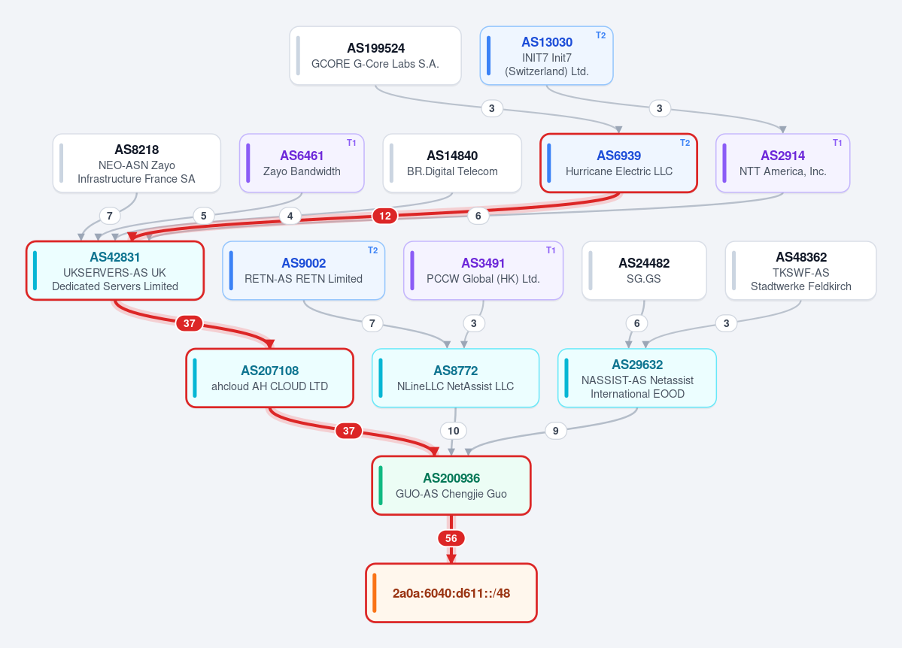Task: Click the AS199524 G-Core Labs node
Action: (x=375, y=56)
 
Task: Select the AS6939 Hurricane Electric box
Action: (x=618, y=163)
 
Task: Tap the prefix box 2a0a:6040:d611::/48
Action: (x=451, y=593)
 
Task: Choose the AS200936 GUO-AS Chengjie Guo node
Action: (x=451, y=486)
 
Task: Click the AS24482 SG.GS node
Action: (x=644, y=271)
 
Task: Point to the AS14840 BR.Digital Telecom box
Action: (x=452, y=163)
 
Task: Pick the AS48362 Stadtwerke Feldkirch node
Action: (x=800, y=271)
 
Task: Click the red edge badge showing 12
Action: (x=385, y=217)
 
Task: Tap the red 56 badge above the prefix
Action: (x=451, y=538)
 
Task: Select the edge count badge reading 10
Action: (x=454, y=431)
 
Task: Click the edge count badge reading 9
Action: (x=555, y=431)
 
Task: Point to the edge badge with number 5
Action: (x=204, y=217)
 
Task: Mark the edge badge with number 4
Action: (x=290, y=217)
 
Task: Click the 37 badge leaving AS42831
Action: (x=190, y=323)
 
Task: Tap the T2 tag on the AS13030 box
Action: (x=600, y=35)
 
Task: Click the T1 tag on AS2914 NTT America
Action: (x=837, y=143)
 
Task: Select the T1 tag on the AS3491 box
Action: (x=551, y=250)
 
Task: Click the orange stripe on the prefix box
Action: (x=375, y=593)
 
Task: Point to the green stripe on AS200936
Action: (x=381, y=486)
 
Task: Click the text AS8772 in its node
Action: (x=456, y=371)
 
